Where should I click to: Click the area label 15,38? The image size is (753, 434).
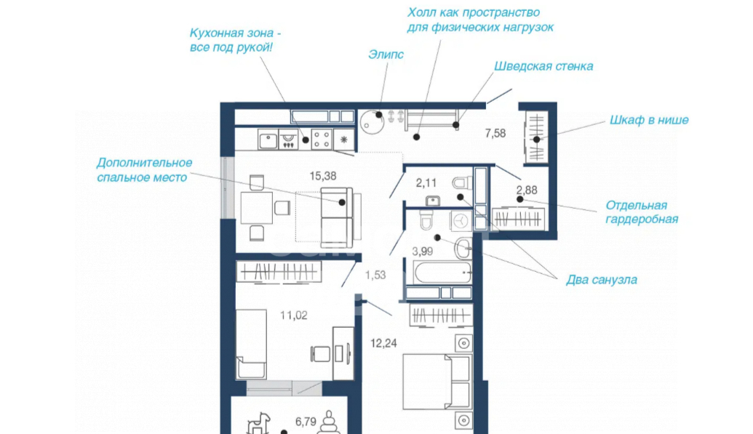[x=323, y=176]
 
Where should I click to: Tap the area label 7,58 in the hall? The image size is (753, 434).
[x=495, y=133]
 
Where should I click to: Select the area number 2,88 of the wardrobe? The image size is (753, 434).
[x=527, y=190]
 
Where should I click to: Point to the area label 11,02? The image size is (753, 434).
[x=294, y=316]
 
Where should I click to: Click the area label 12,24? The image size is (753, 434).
[x=383, y=343]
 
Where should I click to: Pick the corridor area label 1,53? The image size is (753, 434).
[x=375, y=275]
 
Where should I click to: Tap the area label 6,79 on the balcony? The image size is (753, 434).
[x=306, y=422]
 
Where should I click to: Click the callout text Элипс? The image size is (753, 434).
[x=386, y=55]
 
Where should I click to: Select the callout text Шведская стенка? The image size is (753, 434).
[x=543, y=66]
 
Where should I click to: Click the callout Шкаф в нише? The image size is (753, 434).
[x=649, y=120]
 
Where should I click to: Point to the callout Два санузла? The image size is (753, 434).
[x=602, y=279]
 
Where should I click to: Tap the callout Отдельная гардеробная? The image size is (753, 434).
[x=642, y=212]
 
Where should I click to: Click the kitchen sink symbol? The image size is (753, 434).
[x=268, y=140]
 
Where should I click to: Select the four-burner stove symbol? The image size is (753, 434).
[x=322, y=140]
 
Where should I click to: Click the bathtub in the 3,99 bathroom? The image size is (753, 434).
[x=442, y=272]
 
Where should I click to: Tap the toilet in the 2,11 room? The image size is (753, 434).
[x=462, y=183]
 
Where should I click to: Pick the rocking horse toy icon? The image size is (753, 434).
[x=259, y=423]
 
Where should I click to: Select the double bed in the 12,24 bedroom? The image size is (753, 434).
[x=436, y=382]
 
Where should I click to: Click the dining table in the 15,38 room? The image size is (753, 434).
[x=256, y=207]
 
